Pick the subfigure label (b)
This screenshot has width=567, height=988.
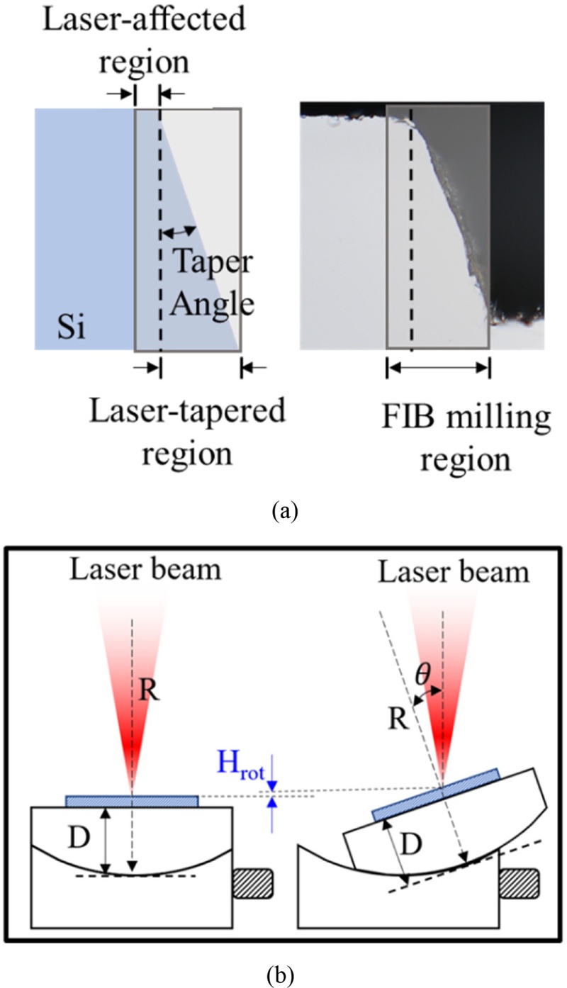pyautogui.click(x=283, y=970)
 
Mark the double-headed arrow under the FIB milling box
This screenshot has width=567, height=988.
pyautogui.click(x=438, y=367)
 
